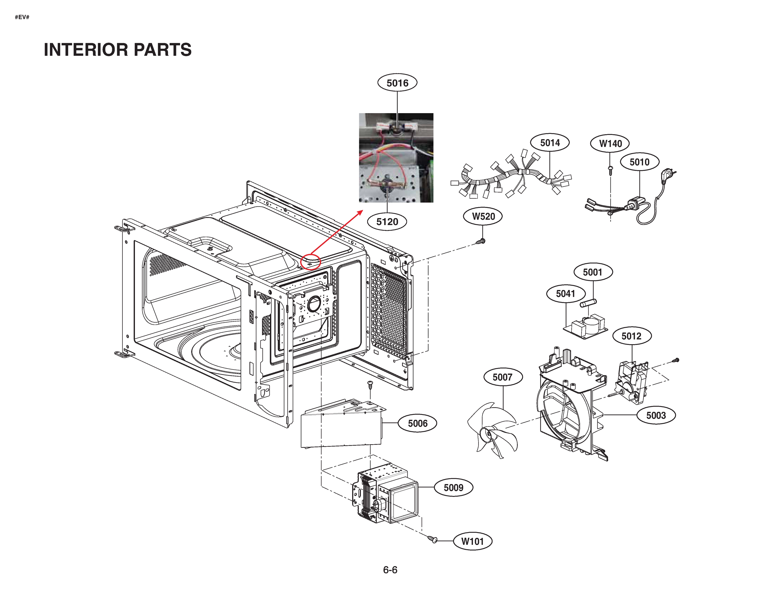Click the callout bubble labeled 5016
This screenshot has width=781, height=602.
(x=397, y=83)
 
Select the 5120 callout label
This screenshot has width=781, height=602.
(x=387, y=222)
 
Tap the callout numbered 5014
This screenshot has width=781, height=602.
(x=550, y=143)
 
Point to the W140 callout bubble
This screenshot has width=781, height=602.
(x=610, y=143)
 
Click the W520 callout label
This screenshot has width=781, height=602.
(x=483, y=216)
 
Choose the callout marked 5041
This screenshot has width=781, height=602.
(x=565, y=294)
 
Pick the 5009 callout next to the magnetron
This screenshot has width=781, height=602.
(x=453, y=488)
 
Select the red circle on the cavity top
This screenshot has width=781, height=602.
(x=310, y=261)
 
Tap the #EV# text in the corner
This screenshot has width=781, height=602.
(x=22, y=17)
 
